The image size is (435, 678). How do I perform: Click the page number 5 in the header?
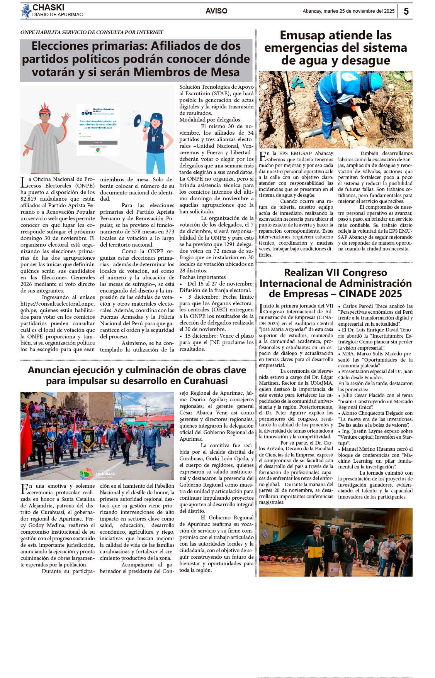(406, 11)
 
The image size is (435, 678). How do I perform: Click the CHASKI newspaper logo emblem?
(26, 11)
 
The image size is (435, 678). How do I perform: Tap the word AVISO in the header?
(216, 11)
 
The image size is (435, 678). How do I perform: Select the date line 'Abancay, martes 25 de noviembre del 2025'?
(348, 11)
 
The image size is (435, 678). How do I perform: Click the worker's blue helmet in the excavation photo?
(374, 81)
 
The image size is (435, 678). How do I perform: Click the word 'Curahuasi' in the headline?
(206, 381)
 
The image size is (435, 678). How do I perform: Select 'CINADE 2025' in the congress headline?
(370, 294)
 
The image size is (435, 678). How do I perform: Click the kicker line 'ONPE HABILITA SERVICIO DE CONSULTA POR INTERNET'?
(92, 32)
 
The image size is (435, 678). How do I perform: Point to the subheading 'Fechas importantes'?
(202, 277)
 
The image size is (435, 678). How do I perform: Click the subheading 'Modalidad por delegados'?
(209, 120)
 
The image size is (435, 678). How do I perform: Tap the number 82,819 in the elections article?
(30, 199)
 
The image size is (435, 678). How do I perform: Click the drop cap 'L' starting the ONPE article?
(24, 182)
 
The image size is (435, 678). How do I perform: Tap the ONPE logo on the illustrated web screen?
(86, 113)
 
